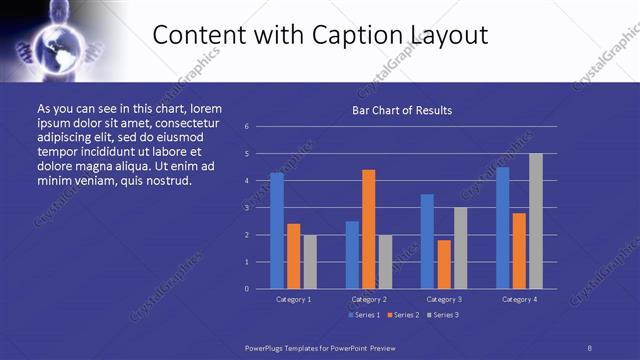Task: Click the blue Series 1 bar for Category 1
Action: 277,231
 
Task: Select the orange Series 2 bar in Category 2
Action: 369,229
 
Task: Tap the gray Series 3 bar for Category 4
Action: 536,221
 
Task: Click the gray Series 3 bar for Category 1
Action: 310,262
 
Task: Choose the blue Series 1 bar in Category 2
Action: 352,255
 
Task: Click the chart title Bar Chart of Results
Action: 402,110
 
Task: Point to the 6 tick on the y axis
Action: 246,127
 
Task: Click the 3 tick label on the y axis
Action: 246,208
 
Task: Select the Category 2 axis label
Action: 368,299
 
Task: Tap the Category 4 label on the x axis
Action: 519,299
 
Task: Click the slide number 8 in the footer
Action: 589,347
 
